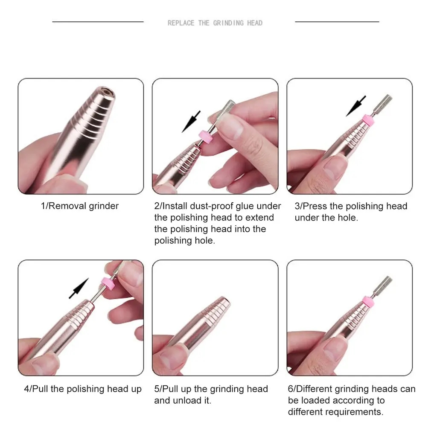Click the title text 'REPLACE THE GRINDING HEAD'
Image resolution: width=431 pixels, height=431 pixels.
pyautogui.click(x=215, y=23)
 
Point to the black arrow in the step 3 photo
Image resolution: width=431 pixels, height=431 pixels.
pyautogui.click(x=355, y=106)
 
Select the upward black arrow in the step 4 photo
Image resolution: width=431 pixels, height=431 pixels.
pyautogui.click(x=79, y=288)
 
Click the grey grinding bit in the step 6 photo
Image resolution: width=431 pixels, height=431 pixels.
pyautogui.click(x=385, y=285)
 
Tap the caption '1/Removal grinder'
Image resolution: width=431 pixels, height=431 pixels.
pyautogui.click(x=79, y=206)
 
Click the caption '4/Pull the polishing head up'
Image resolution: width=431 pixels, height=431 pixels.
pyautogui.click(x=82, y=389)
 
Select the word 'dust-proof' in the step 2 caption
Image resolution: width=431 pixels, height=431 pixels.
pyautogui.click(x=212, y=206)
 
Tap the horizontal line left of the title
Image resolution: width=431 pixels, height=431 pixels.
pyautogui.click(x=98, y=21)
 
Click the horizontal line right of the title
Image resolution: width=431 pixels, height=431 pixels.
pyautogui.click(x=337, y=21)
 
